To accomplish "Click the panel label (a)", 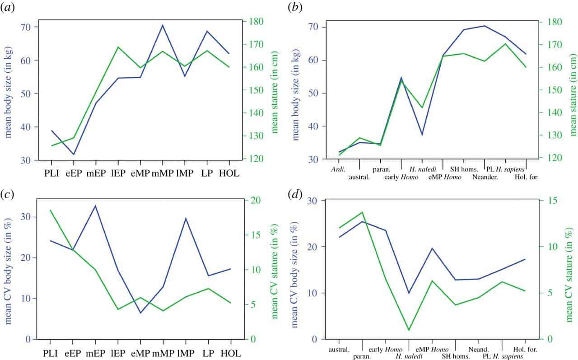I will pos(9,8).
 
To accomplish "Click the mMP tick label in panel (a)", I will pos(162,173).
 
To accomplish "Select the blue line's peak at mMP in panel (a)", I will pos(162,25).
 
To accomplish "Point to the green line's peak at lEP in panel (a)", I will pos(118,47).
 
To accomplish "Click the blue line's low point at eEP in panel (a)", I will pos(73,154).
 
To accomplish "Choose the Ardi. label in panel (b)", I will pos(338,169).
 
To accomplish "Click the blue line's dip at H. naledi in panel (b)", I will pos(422,135).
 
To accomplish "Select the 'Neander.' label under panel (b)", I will pos(485,177).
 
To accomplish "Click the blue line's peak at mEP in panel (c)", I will pos(95,206).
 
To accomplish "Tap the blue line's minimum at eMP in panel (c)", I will pos(140,313).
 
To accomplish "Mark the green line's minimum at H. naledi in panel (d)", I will pos(409,330).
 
